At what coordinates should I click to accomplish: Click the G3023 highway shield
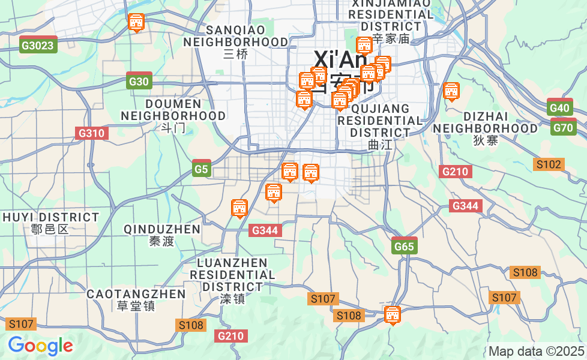coord(38,45)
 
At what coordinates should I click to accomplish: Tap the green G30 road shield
coord(139,82)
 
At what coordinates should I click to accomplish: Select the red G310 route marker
coord(92,133)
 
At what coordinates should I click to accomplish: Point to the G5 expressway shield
coord(201,170)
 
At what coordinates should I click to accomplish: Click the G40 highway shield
coord(559,108)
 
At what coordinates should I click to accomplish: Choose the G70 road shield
coord(564,127)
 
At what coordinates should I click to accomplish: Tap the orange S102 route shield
coord(549,164)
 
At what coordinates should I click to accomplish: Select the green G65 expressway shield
coord(404,246)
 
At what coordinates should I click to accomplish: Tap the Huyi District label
coord(50,221)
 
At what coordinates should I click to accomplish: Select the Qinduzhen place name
coord(162,234)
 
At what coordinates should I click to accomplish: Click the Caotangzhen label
coord(136,299)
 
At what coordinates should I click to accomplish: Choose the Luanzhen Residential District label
coord(232,280)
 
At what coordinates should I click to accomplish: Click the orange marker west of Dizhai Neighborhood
coord(451,92)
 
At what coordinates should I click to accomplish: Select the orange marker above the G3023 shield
coord(137,23)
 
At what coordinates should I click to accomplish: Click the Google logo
coord(40,346)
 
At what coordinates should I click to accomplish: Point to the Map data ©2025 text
coord(536,351)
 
